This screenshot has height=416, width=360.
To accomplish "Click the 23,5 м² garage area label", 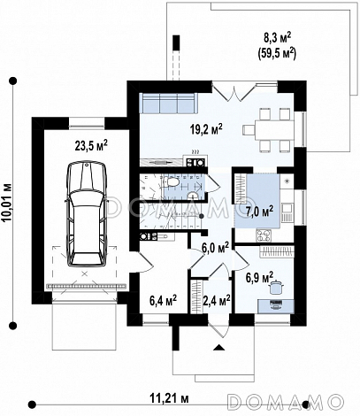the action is (91, 145).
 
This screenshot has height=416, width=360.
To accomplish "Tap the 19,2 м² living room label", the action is (206, 129).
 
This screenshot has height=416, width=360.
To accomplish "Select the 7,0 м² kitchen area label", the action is (259, 211).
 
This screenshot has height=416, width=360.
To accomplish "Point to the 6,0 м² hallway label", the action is (215, 247).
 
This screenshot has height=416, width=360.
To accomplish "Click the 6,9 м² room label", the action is (259, 277).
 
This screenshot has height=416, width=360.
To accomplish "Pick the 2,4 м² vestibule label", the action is (217, 300).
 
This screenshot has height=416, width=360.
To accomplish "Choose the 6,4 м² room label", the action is (163, 300).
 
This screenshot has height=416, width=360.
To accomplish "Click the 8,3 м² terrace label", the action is (277, 38).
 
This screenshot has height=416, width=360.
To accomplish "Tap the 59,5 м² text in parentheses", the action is (277, 52).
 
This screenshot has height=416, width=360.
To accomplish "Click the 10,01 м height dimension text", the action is (7, 203).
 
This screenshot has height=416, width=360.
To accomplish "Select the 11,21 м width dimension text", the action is (169, 398).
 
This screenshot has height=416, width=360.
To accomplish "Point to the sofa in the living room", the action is (168, 103).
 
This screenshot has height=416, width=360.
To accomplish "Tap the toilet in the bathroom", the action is (170, 181).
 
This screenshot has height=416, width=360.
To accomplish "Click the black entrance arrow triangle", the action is (218, 347).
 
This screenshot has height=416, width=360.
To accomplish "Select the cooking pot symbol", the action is (276, 287).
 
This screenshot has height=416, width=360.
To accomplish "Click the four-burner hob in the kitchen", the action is (264, 235).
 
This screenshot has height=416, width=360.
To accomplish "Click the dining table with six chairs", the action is (269, 129).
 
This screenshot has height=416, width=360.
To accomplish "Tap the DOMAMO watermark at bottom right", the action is (286, 402).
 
